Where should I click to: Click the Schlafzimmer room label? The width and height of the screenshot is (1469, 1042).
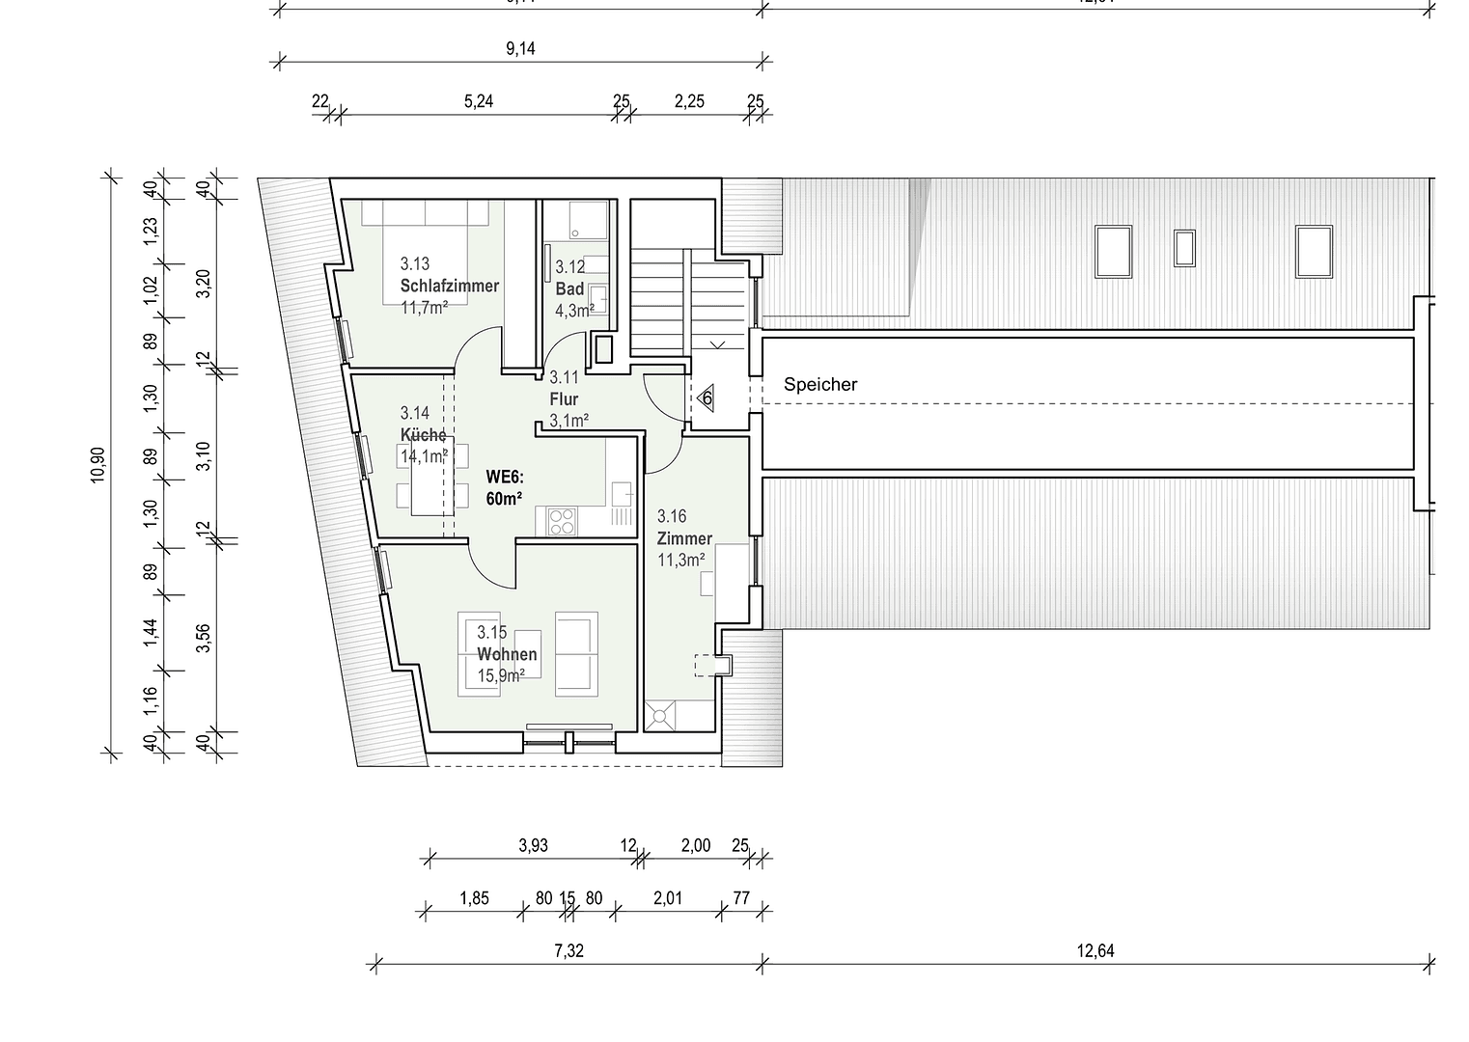[x=449, y=286]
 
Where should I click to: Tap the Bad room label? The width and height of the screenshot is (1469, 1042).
[x=569, y=289]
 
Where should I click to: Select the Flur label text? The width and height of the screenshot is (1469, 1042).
[x=564, y=399]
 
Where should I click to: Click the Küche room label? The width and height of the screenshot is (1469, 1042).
[x=423, y=435]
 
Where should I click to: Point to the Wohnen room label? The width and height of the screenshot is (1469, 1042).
[x=507, y=654]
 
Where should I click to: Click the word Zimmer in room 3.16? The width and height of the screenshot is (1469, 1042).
[x=684, y=538]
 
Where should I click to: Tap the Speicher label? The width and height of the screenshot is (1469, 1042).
[x=820, y=384]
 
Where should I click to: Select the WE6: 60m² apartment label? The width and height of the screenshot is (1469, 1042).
[x=504, y=487]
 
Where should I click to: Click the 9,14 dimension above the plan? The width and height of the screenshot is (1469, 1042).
[x=520, y=49]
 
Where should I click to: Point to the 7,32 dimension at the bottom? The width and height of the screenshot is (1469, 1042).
[x=569, y=950]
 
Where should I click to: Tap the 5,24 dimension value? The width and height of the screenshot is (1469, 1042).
[x=479, y=101]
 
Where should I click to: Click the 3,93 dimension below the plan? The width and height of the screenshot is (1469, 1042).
[x=533, y=845]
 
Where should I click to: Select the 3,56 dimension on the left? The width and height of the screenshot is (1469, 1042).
[x=203, y=638]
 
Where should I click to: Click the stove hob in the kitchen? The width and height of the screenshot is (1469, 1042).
[x=561, y=521]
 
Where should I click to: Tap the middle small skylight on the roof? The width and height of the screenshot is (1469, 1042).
[x=1184, y=247]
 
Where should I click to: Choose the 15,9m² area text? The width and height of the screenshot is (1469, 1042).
[x=501, y=675]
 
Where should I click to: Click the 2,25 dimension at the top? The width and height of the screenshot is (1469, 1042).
[x=689, y=101]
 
